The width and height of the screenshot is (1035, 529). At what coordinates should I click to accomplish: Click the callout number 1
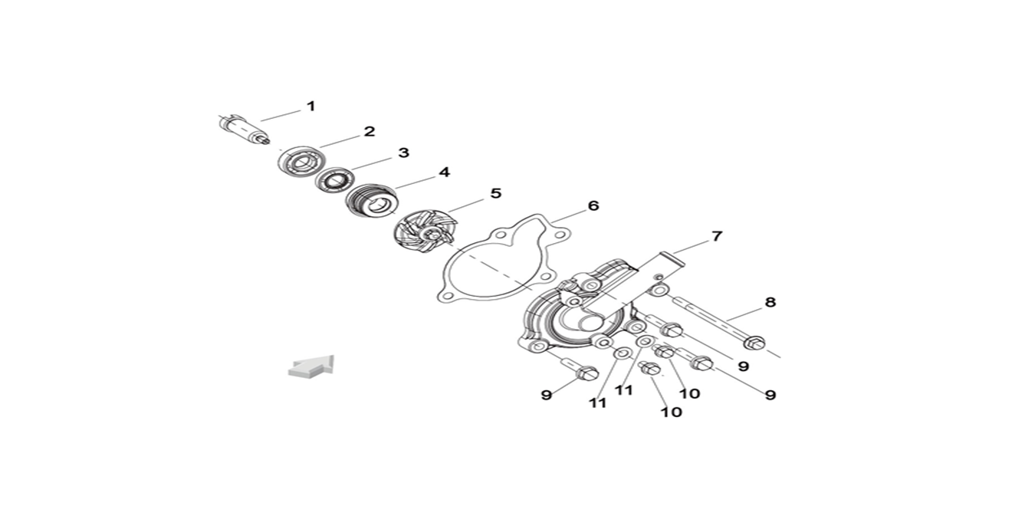pyautogui.click(x=310, y=106)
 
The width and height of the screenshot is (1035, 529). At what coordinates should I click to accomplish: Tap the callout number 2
pyautogui.click(x=370, y=131)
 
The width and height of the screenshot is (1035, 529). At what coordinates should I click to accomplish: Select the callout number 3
pyautogui.click(x=403, y=153)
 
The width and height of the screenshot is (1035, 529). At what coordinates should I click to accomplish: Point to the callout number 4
pyautogui.click(x=444, y=172)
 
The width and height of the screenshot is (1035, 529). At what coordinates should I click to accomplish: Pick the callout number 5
pyautogui.click(x=495, y=193)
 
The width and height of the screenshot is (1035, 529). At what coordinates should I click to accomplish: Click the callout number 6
pyautogui.click(x=593, y=206)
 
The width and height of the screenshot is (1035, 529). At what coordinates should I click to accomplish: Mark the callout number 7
pyautogui.click(x=717, y=236)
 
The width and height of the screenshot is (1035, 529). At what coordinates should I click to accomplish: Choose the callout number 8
pyautogui.click(x=770, y=302)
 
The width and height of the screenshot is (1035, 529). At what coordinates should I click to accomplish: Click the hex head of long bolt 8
pyautogui.click(x=754, y=341)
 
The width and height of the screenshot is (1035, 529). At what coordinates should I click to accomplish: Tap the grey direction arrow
pyautogui.click(x=311, y=366)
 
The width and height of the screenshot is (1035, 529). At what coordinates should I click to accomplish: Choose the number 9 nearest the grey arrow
pyautogui.click(x=546, y=395)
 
